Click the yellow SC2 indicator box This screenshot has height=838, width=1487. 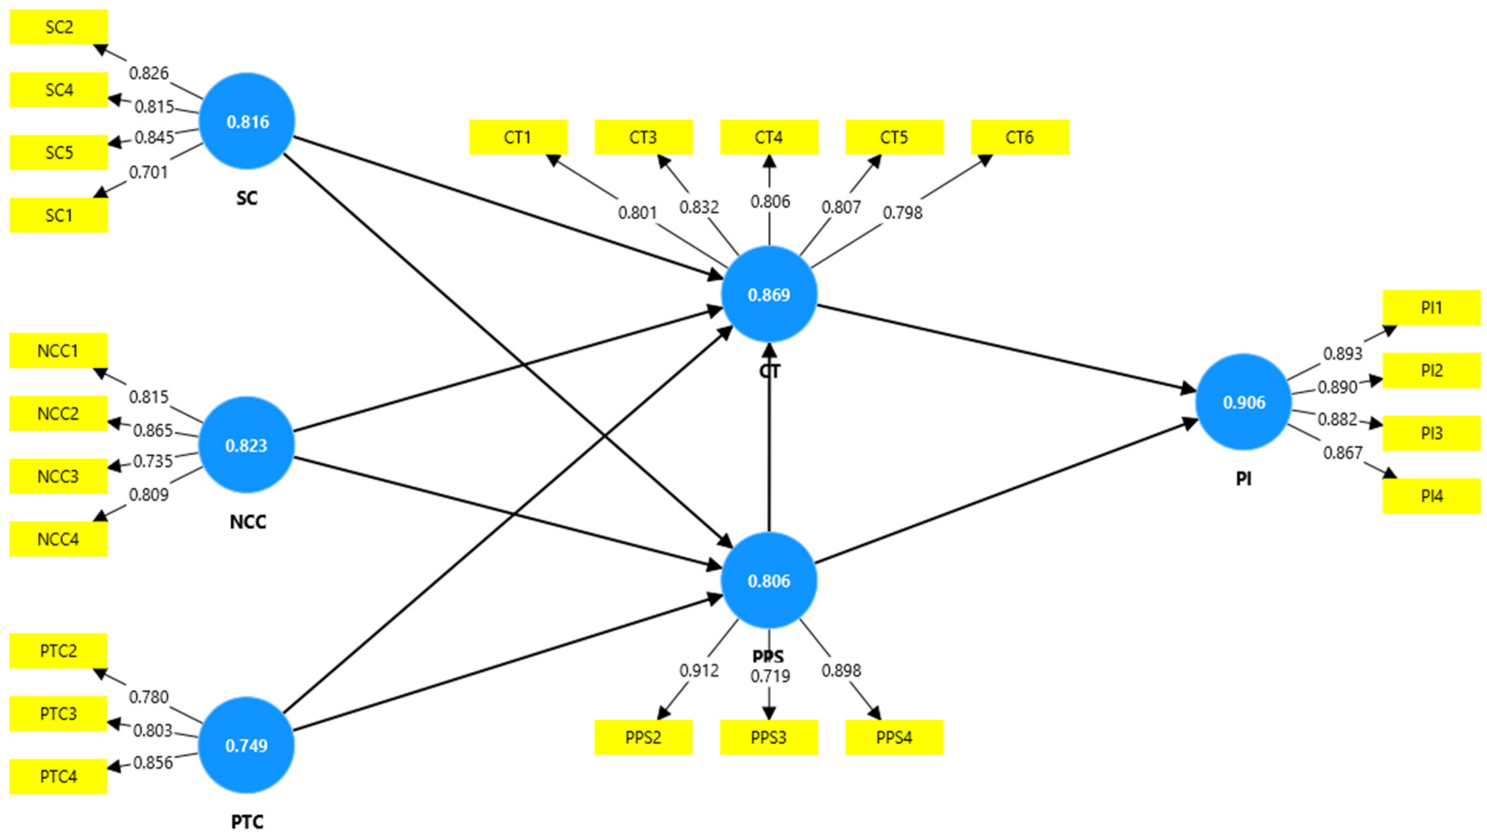point(59,27)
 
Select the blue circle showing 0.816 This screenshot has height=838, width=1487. point(247,121)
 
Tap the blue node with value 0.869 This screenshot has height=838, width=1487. point(769,294)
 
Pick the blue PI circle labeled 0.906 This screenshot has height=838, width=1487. point(1243,402)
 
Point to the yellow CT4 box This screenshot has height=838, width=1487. point(769,137)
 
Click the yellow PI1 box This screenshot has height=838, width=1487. point(1431,308)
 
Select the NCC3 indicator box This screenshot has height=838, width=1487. point(59,476)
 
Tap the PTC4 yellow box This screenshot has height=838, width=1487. point(59,776)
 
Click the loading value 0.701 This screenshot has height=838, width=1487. point(149,172)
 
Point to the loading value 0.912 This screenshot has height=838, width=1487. point(699,671)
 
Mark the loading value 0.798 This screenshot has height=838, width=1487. point(902,213)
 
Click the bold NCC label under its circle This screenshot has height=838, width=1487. point(248,522)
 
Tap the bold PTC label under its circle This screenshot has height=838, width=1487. point(247,821)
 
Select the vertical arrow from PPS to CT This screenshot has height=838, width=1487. point(769,439)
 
